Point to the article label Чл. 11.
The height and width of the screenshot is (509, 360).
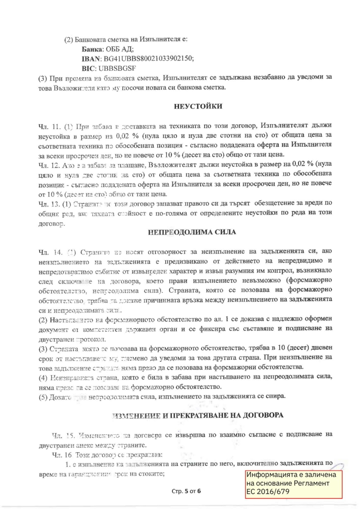click(x=45, y=126)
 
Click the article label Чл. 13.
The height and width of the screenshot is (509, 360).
click(x=45, y=203)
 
